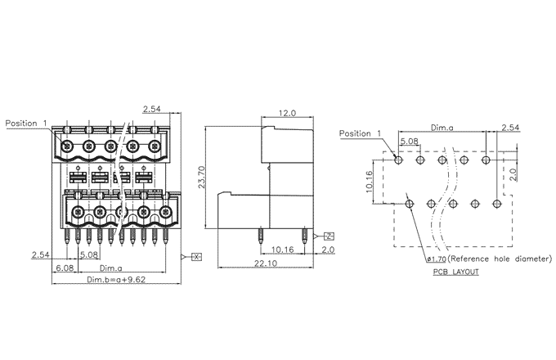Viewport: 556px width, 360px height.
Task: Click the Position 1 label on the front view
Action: pyautogui.click(x=25, y=124)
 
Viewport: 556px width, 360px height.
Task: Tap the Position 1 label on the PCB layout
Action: pyautogui.click(x=361, y=133)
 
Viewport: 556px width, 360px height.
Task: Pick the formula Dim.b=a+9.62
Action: pyautogui.click(x=116, y=280)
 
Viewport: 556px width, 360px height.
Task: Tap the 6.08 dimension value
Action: pyautogui.click(x=65, y=268)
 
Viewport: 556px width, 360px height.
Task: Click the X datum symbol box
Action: pyautogui.click(x=196, y=257)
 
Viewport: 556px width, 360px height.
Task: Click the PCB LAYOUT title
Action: pyautogui.click(x=456, y=271)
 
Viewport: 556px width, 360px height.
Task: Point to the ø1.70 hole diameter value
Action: pyautogui.click(x=434, y=259)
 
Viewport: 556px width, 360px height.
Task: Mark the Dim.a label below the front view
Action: pyautogui.click(x=111, y=268)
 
